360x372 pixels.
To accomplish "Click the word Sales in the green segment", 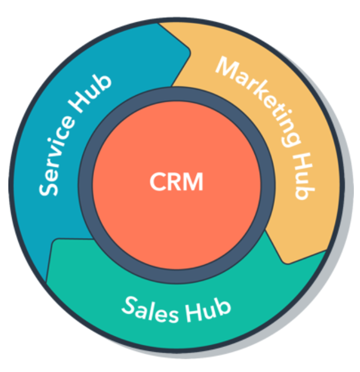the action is coord(150,310).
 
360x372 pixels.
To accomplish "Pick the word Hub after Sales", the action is coord(208,310).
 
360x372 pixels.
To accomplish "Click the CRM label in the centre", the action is coord(176,181).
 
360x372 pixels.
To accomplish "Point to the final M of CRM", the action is coord(194,181).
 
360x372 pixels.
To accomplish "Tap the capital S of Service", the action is coord(48,189).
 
